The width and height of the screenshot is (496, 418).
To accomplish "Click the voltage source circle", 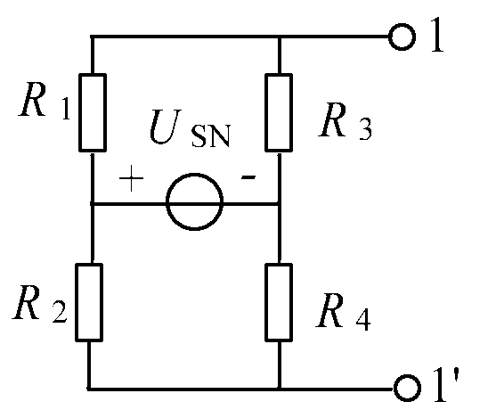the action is pos(194,174).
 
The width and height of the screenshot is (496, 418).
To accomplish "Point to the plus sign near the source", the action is pos(131,178).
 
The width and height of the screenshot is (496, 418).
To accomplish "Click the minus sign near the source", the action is pos(248,177).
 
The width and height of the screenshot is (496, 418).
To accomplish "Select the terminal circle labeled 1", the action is pos(402,24).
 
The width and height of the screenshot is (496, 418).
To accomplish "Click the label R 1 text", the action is pos(45,100).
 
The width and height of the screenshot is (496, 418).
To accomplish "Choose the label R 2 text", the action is pos(40,302).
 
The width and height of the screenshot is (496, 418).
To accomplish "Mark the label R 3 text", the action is pos(346,120).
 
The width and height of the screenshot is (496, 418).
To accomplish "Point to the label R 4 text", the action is pos(343,312).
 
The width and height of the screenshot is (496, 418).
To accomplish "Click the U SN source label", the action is pos(190,128).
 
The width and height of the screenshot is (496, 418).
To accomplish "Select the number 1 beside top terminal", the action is pos(437,35).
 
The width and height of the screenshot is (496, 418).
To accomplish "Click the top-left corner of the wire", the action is pos(92,37).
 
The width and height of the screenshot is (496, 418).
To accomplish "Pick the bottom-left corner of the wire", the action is pos(89,389).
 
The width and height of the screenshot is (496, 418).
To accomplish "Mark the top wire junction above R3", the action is pos(279,37).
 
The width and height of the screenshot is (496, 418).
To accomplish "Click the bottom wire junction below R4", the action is pos(279,389).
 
